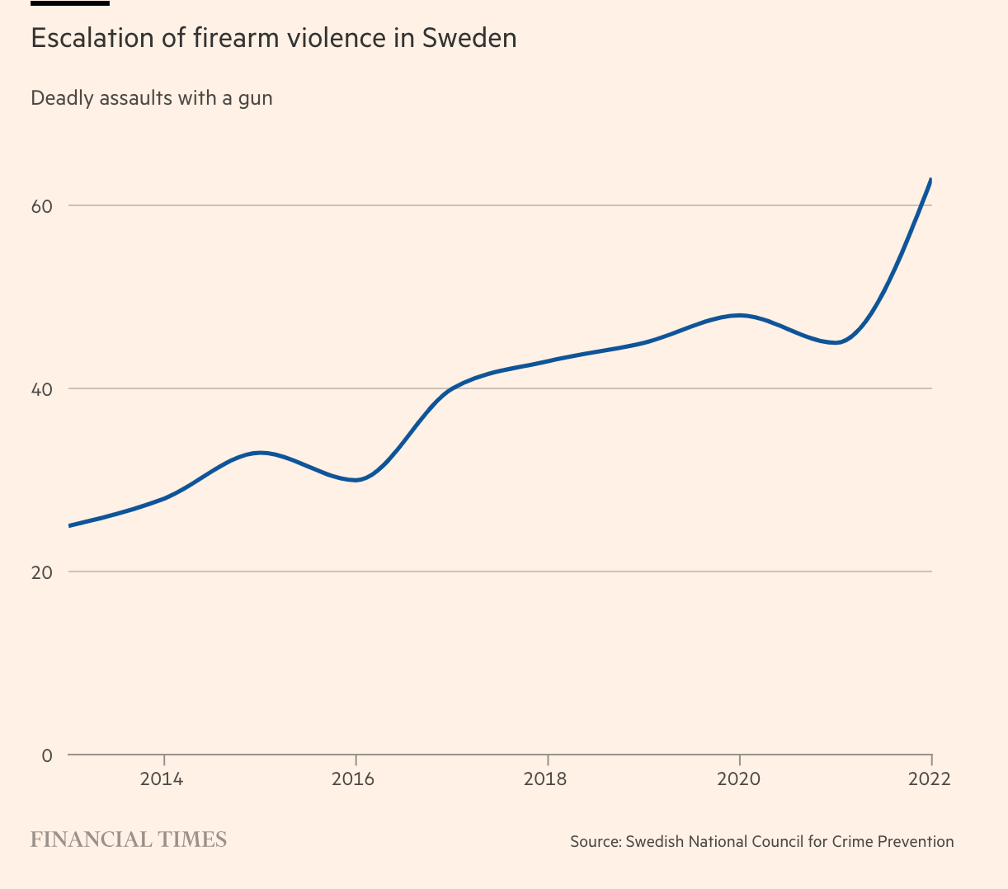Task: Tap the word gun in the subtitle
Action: (255, 98)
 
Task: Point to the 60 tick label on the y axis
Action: (42, 206)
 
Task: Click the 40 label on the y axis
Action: (42, 389)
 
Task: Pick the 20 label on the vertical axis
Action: (42, 572)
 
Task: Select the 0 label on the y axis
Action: (46, 755)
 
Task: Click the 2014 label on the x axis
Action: (164, 778)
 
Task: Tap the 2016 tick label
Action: (356, 778)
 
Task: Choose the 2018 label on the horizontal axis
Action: (547, 778)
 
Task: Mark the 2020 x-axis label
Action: (739, 778)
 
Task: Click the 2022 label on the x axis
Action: (930, 778)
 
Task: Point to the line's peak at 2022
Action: (930, 179)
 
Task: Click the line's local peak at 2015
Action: (261, 453)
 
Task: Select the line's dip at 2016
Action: (356, 480)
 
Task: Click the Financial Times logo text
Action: (129, 840)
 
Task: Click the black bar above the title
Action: (70, 3)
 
